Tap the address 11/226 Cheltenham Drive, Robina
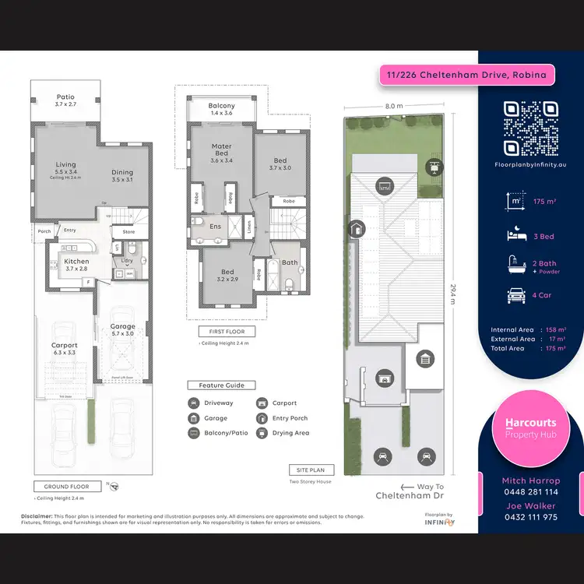[x=467, y=76]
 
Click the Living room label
[x=65, y=168]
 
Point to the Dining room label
[x=122, y=176]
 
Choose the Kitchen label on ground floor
[x=76, y=265]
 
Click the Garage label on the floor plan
[x=122, y=330]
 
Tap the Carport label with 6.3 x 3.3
[x=65, y=349]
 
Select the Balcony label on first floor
[x=221, y=110]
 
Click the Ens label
[x=216, y=227]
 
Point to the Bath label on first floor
[x=290, y=263]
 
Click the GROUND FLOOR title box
[x=66, y=487]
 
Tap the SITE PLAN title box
[x=311, y=470]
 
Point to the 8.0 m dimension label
[x=394, y=106]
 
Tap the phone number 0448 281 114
[x=529, y=492]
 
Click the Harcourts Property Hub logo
[x=530, y=427]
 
